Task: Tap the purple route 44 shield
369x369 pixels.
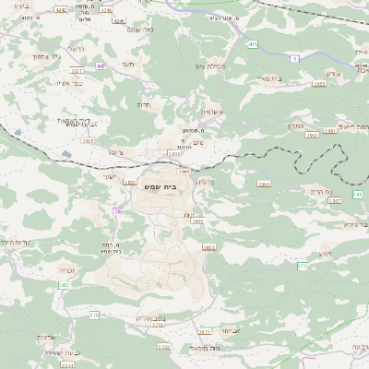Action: (x=101, y=65)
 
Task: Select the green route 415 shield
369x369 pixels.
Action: (x=253, y=42)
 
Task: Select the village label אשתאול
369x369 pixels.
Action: (x=214, y=112)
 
